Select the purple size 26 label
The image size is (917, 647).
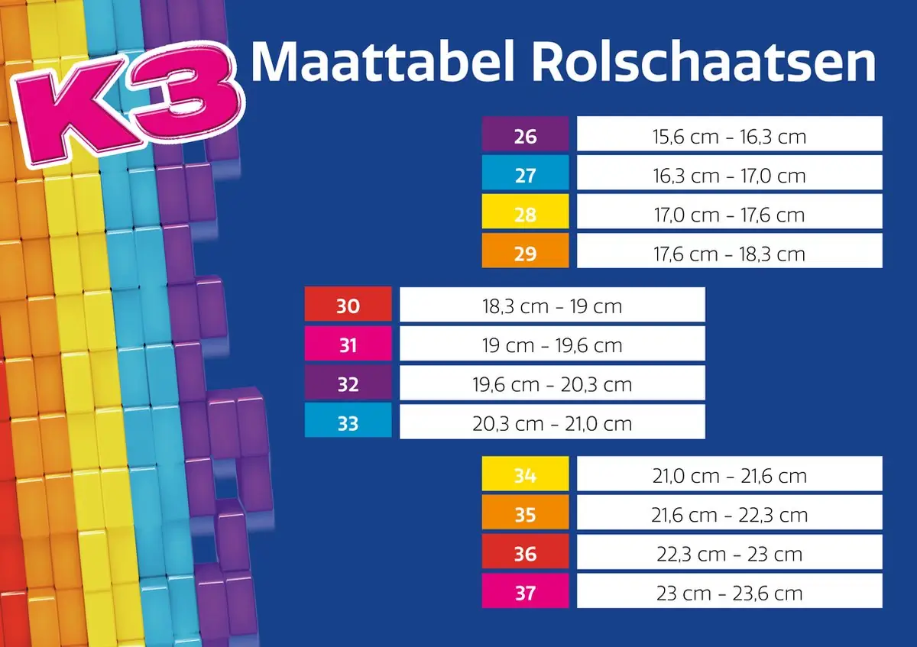pos(525,137)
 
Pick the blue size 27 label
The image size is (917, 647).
pos(525,175)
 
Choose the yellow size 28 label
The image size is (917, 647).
pos(525,214)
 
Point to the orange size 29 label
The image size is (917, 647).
pos(525,253)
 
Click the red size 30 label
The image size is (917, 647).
pos(348,306)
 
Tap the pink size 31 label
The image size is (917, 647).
pos(348,345)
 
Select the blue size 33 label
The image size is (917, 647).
pos(348,422)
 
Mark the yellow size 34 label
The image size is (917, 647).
pos(525,475)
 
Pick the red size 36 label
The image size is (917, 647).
pos(525,553)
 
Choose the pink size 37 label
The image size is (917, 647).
pos(525,592)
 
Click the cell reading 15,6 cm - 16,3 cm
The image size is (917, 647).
pos(729,137)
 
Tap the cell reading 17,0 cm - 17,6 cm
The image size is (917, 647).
pos(729,214)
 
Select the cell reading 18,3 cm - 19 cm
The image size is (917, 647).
pos(552,306)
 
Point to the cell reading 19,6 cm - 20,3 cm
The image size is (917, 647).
pos(552,383)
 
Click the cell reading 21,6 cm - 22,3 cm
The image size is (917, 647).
pos(729,514)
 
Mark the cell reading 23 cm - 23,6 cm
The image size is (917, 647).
pos(729,592)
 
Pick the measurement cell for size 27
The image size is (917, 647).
pos(729,175)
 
